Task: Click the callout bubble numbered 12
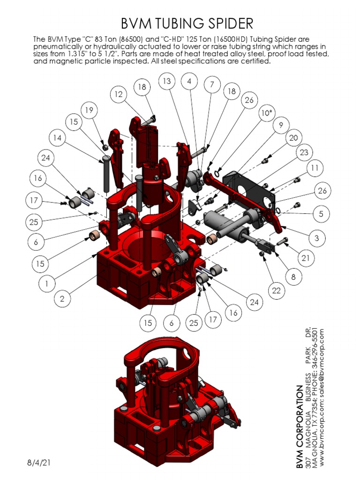coord(118,94)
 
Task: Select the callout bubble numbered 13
coord(166,81)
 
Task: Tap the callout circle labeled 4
coord(189,81)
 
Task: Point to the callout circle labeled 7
coord(212,85)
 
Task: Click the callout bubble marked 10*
coord(266,113)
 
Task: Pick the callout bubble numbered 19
coord(88,110)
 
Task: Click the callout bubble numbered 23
coord(304,152)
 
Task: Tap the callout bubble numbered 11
coord(315,168)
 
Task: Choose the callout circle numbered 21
coord(306,258)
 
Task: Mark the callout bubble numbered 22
coord(276,291)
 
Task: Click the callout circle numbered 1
coord(46,283)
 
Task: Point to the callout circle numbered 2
coord(62,298)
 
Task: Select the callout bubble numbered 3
coord(317,238)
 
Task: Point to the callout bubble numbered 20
coord(293,138)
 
